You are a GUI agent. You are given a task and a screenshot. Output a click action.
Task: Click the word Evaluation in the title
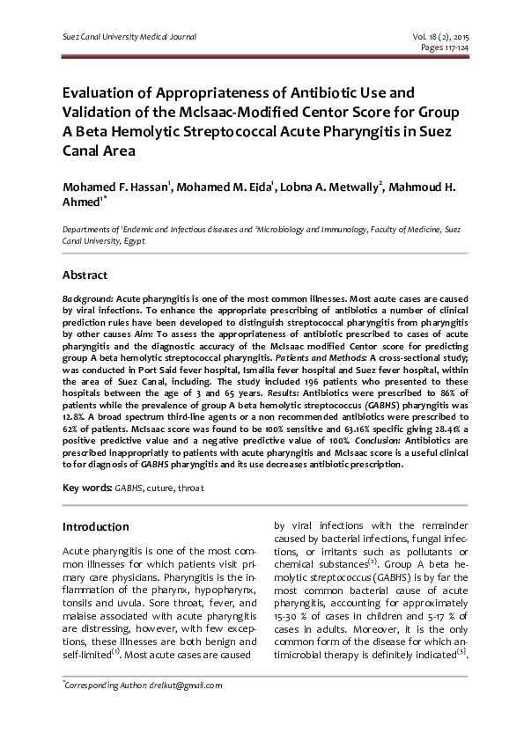[100, 92]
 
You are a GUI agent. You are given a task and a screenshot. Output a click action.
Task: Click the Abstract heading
[85, 275]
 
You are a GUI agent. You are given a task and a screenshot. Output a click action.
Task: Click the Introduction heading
[95, 527]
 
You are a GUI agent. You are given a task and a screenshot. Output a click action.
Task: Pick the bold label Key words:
[85, 487]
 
